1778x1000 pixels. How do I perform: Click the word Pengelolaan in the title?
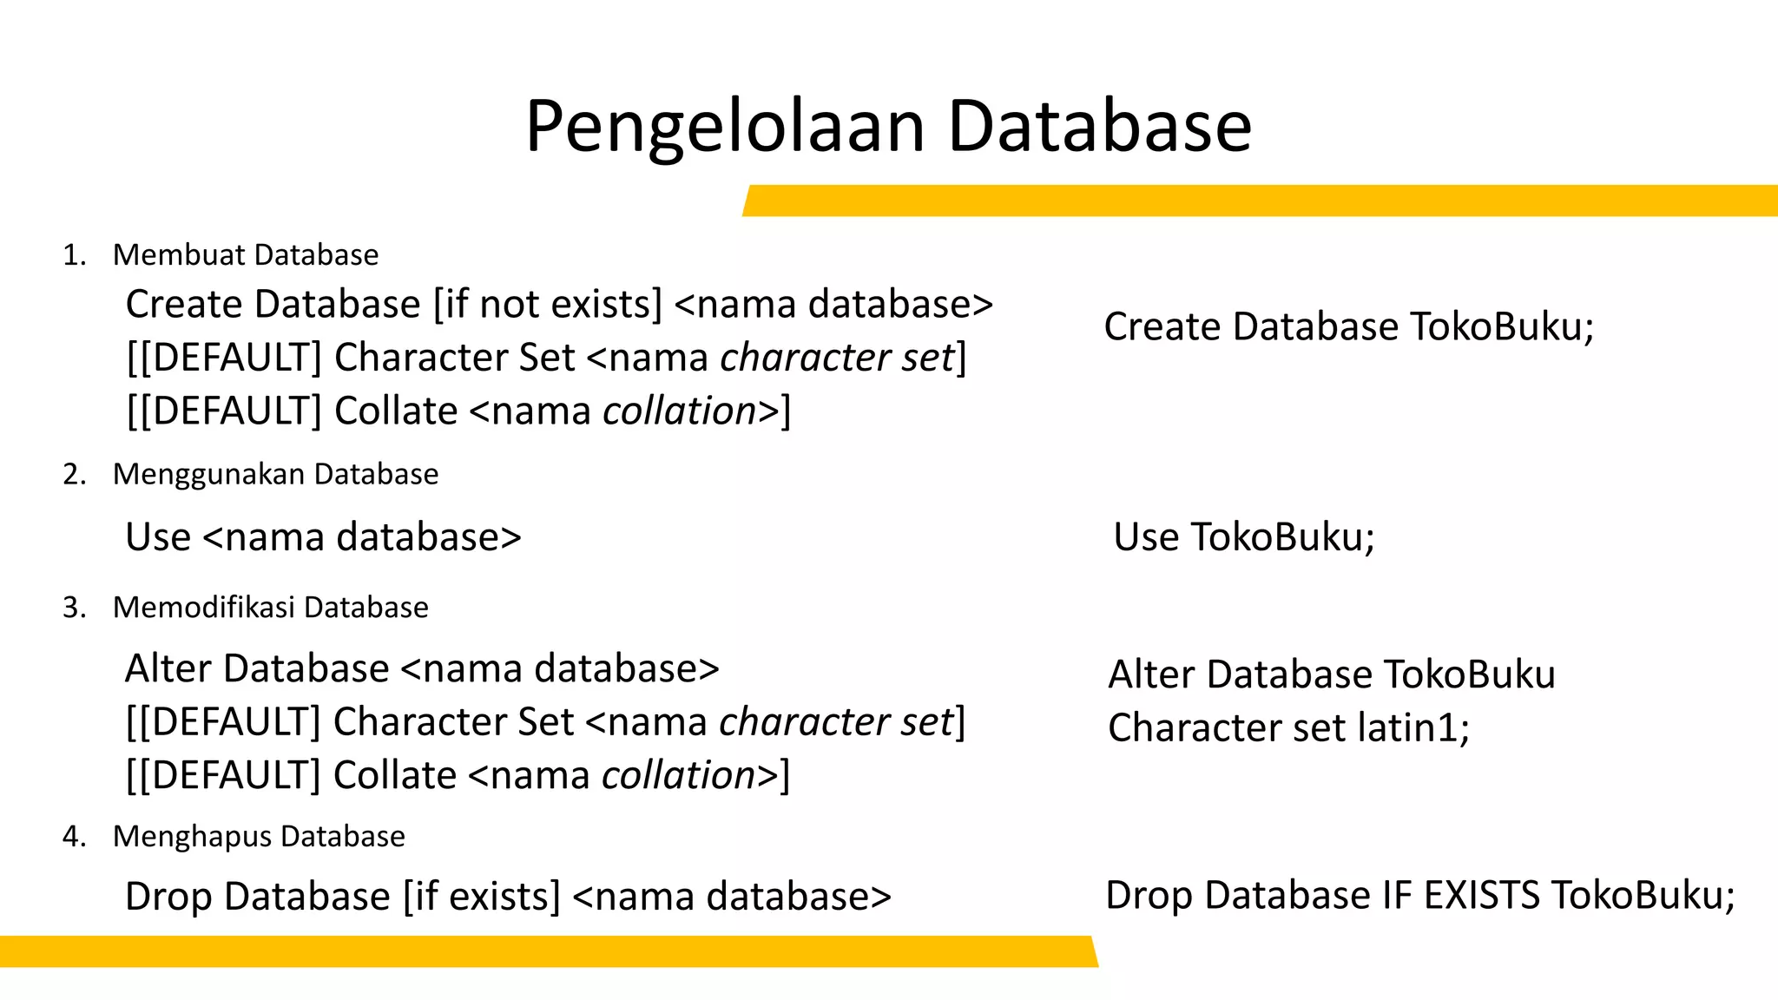(725, 128)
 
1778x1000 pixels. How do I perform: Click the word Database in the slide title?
(1099, 127)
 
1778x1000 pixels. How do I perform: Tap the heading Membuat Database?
(246, 255)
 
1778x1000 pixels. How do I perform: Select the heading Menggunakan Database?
(275, 475)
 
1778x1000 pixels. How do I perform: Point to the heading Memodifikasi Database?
(270, 608)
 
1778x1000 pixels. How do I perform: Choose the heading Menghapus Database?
(259, 837)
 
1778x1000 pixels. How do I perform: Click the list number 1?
(74, 255)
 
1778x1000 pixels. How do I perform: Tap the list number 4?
(74, 837)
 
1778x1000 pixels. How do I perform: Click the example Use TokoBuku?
(1243, 537)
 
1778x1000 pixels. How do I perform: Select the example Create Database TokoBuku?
(1348, 327)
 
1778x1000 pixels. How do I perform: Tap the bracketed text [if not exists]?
(547, 305)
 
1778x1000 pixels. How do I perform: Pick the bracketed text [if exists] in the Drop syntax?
(482, 897)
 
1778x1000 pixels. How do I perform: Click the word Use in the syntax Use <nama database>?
(157, 537)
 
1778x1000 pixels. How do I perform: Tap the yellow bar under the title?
(1259, 201)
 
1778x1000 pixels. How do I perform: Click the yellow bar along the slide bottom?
(547, 951)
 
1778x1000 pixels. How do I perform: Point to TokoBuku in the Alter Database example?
(1469, 674)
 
